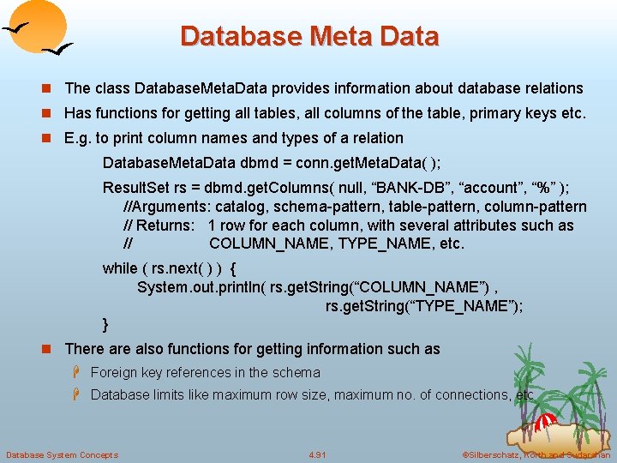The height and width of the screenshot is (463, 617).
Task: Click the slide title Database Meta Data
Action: pos(309,36)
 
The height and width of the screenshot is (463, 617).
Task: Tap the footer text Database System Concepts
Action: pos(62,454)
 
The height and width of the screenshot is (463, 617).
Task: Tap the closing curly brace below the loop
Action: pos(105,324)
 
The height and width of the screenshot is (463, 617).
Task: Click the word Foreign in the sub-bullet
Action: pos(113,372)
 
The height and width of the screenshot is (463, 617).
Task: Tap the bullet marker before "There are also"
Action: pos(50,349)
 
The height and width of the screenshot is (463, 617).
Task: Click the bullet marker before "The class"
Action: pos(50,88)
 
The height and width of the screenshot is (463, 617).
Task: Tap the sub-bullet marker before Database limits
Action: pos(76,394)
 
